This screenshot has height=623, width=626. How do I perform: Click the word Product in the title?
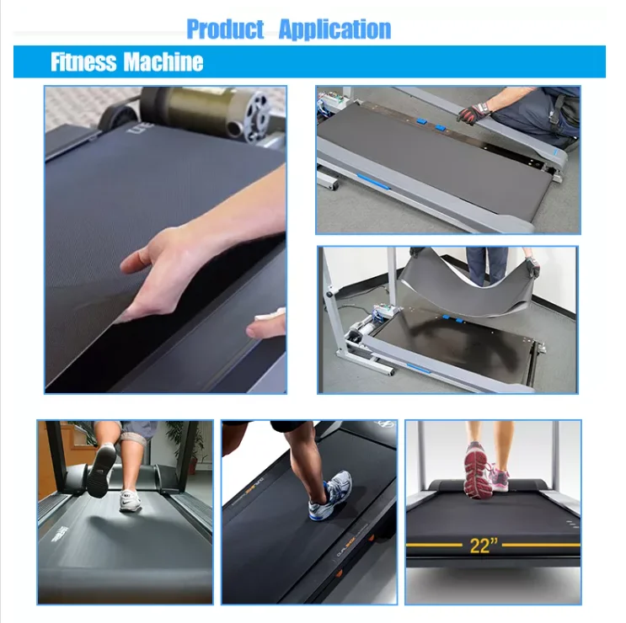coord(225,29)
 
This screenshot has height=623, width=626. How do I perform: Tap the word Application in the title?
coord(334,29)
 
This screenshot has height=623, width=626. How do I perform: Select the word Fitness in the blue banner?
coord(83,62)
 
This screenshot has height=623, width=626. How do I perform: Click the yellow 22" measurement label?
coord(481,545)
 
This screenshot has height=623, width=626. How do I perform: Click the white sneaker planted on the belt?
coord(131,501)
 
